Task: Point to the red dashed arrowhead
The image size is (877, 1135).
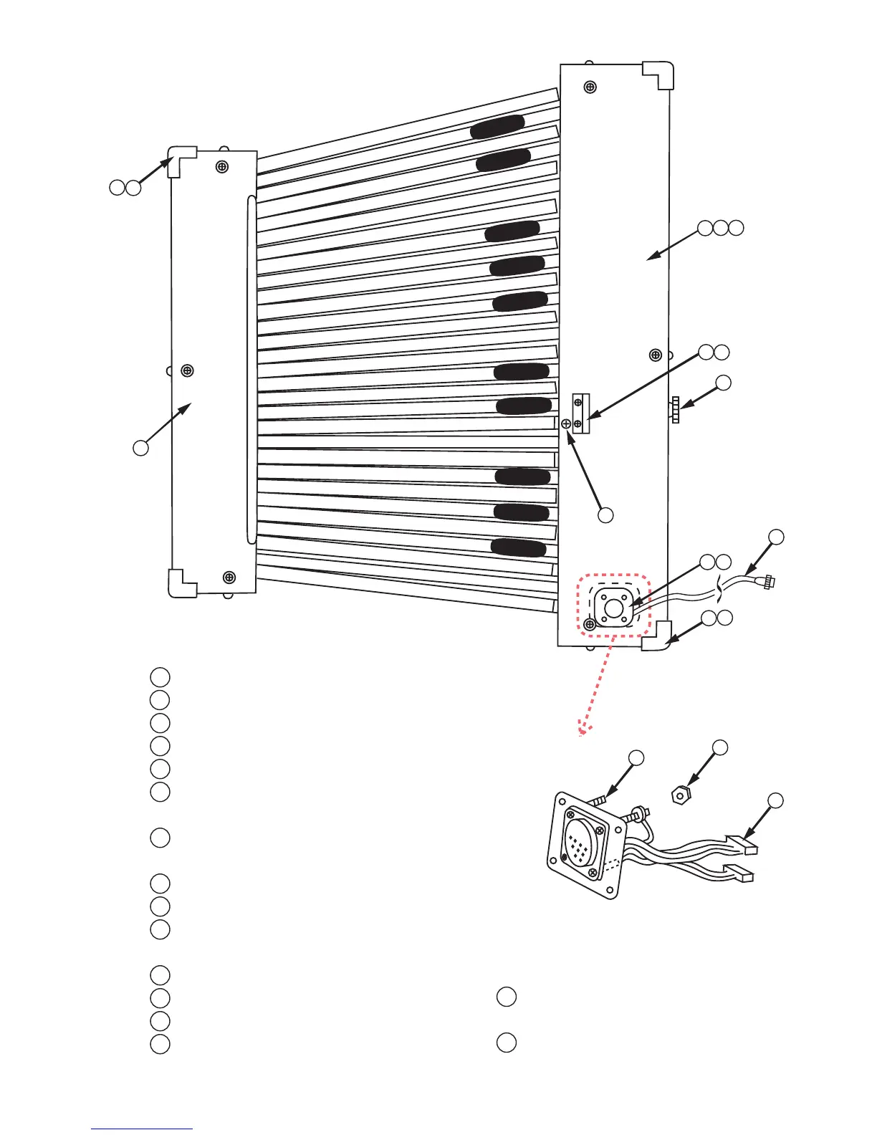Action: (583, 730)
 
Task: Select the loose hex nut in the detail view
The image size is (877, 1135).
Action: (681, 794)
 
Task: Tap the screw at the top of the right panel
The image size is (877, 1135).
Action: (590, 87)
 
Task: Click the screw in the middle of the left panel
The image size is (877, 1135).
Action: (188, 370)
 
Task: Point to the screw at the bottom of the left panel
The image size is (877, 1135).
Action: (229, 577)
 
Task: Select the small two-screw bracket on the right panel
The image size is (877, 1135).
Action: (580, 413)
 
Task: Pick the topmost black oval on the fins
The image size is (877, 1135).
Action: (497, 126)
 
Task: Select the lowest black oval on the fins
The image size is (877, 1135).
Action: (518, 548)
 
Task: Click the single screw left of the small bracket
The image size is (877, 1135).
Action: (566, 424)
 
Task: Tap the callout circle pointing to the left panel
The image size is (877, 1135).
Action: (140, 448)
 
